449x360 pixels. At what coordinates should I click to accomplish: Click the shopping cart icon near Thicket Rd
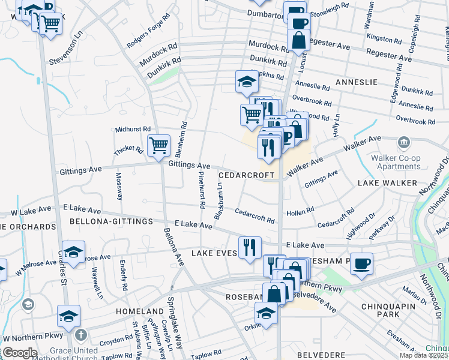pos(158,145)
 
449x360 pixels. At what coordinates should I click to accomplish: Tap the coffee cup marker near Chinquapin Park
pos(361,263)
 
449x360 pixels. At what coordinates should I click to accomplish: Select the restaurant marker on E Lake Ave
pos(250,247)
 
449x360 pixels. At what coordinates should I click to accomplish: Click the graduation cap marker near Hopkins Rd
pos(246,81)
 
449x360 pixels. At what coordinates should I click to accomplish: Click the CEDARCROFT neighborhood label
pos(247,175)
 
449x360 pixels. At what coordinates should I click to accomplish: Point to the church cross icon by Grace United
pos(82,334)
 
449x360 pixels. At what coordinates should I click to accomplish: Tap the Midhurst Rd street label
pos(133,129)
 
